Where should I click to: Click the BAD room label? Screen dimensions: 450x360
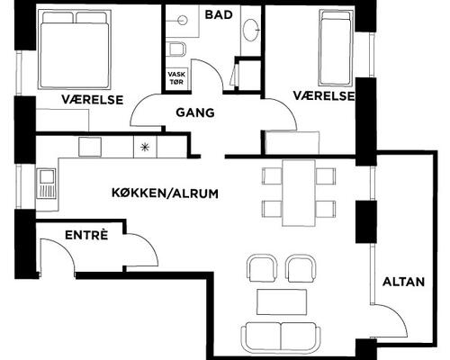(x=219, y=14)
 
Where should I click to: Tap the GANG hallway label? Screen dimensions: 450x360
(x=195, y=112)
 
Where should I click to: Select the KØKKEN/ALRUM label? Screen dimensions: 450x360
(x=165, y=193)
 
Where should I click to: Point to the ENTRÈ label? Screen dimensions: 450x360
(x=86, y=235)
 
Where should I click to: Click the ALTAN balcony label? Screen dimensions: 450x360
(x=403, y=282)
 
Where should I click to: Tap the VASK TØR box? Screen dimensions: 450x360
(x=176, y=78)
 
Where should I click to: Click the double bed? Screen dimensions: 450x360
(x=75, y=49)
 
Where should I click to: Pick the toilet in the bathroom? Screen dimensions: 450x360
(x=177, y=49)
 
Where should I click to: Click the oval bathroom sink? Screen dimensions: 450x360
(x=251, y=30)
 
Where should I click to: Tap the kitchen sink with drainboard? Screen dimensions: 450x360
(x=47, y=184)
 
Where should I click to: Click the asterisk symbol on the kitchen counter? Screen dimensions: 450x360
(x=145, y=148)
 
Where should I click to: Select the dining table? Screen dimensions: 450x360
(x=299, y=193)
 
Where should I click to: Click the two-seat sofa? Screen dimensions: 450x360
(x=281, y=337)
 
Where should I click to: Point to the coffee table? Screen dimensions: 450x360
(x=282, y=301)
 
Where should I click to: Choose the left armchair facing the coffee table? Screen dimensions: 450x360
(x=263, y=268)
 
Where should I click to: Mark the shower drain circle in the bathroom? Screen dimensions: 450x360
(x=182, y=21)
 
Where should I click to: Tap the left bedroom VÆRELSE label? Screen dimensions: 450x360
(x=93, y=100)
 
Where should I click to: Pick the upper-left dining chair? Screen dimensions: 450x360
(x=272, y=175)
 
